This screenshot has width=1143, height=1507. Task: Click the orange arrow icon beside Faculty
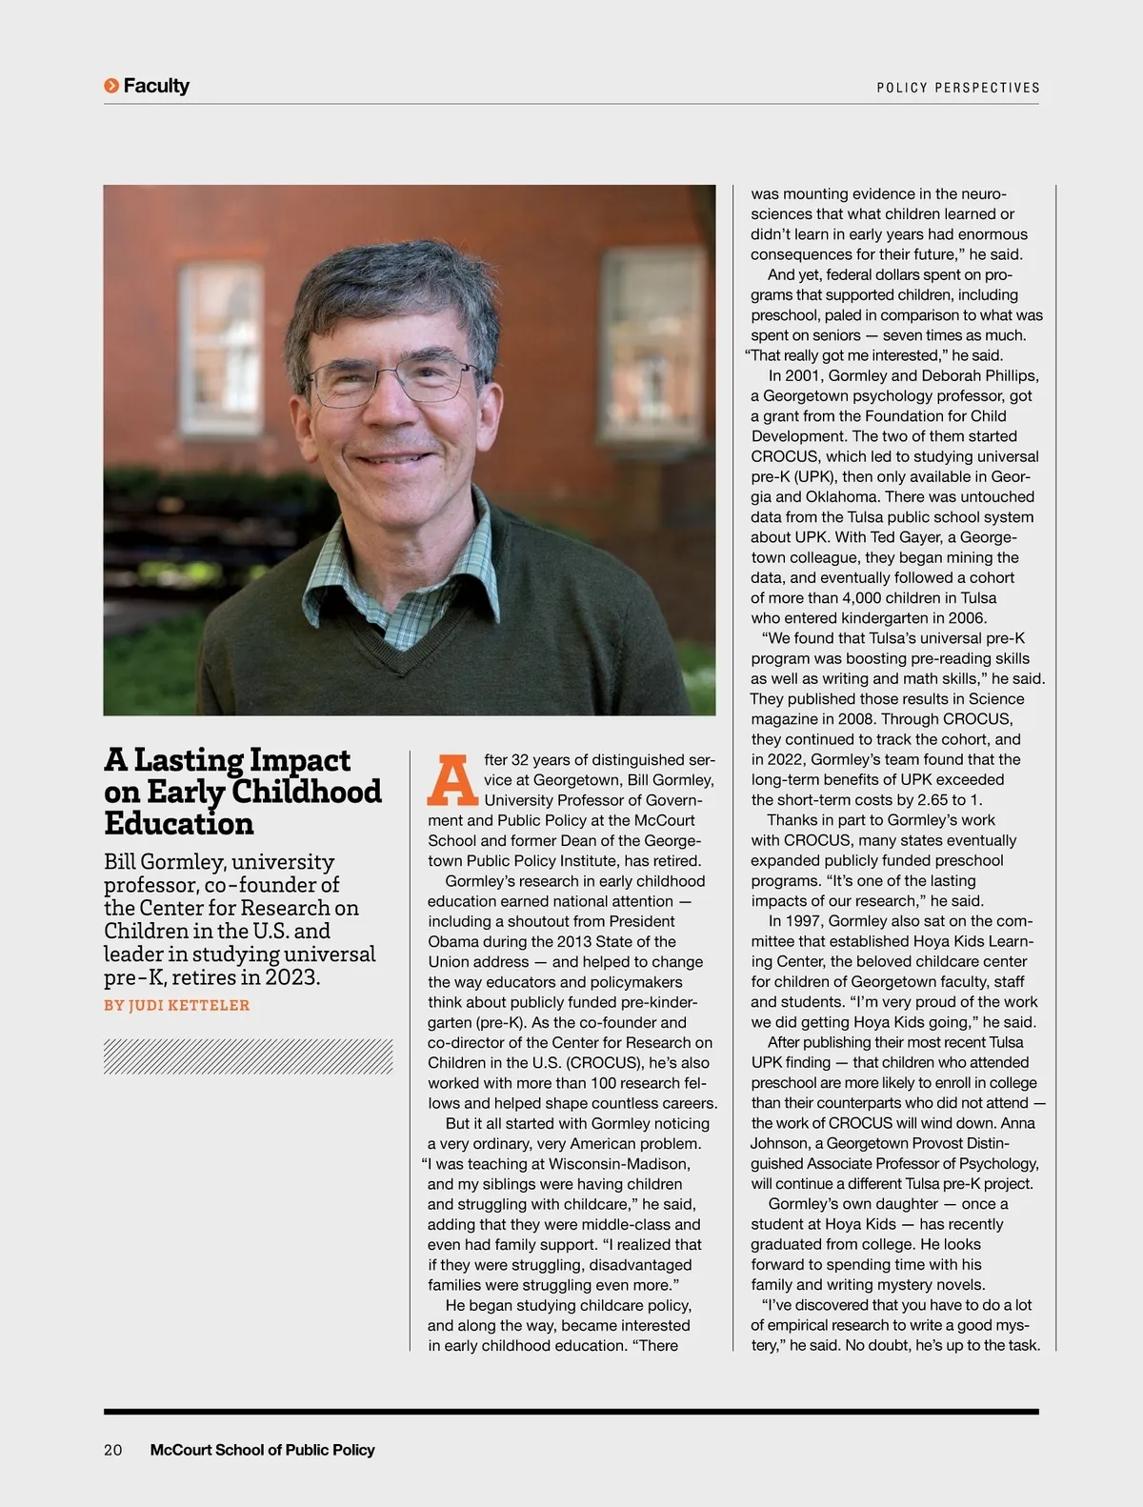tap(111, 86)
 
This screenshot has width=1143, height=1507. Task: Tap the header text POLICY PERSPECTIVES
tap(957, 88)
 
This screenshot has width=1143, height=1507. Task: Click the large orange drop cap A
tap(451, 780)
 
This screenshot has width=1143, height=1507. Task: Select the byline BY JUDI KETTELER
tap(176, 1005)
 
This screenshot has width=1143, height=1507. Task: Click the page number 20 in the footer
tap(112, 1450)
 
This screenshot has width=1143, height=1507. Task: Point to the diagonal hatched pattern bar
tap(248, 1056)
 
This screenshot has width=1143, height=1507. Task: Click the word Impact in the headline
tap(299, 760)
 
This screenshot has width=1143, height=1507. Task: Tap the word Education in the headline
tap(179, 823)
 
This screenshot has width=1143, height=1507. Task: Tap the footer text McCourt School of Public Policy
tap(262, 1450)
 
